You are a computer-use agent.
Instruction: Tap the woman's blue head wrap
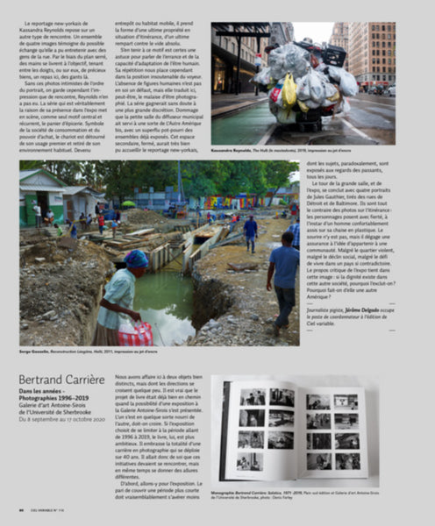point(136,259)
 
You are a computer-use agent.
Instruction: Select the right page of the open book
point(333,430)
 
